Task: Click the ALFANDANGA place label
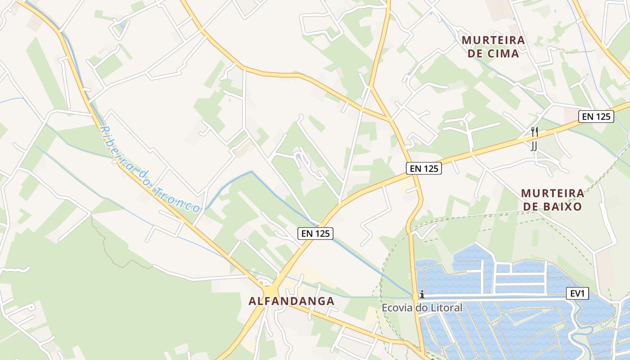tap(291, 301)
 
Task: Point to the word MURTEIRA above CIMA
tap(493, 40)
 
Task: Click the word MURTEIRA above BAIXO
tap(553, 193)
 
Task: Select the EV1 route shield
tap(577, 294)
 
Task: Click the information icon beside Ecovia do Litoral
tap(422, 295)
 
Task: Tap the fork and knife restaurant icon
tap(535, 132)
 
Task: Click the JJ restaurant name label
tap(534, 146)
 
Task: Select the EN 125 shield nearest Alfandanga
tap(315, 233)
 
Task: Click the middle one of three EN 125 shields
tap(424, 168)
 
